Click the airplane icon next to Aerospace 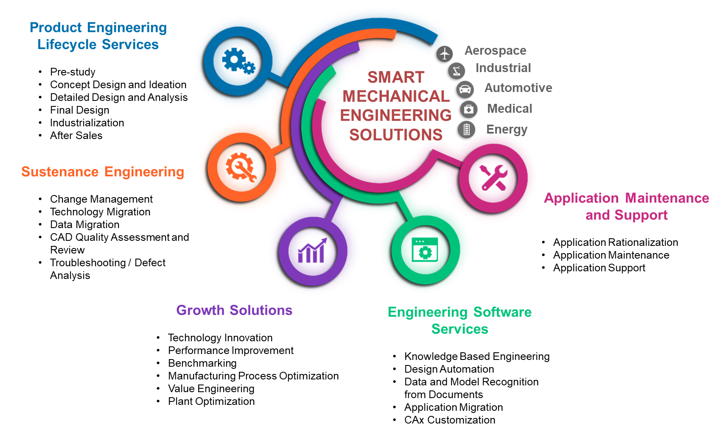coord(444,54)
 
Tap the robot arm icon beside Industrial coord(457,71)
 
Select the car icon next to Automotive coord(465,89)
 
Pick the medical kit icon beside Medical coord(469,109)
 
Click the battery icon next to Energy coord(467,129)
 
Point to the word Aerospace coord(495,51)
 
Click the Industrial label coord(503,68)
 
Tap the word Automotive coord(518,88)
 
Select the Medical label coord(509,109)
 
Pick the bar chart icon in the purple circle coord(314,251)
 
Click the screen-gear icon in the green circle coord(425,250)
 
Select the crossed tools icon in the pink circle coord(493,177)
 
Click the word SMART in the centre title coord(396,77)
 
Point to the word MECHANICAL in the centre coord(396,96)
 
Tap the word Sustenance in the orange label coord(60,172)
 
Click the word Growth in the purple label coord(200,310)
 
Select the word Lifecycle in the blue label coord(67,45)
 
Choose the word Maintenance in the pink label coord(667,198)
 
